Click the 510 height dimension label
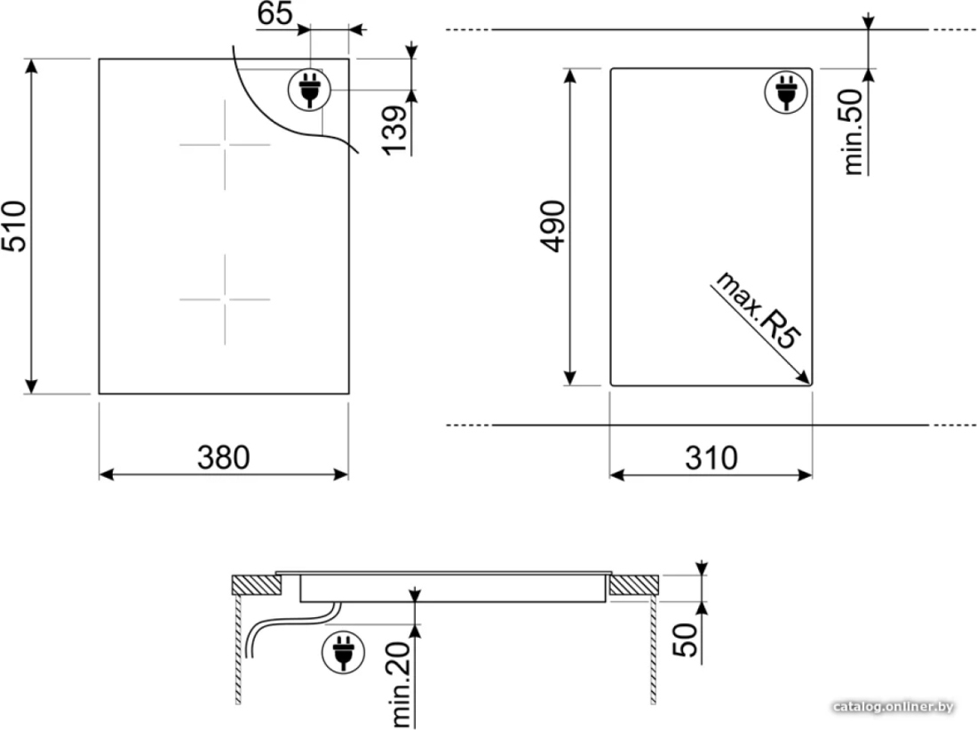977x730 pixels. coord(14,226)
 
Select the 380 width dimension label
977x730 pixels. coord(224,457)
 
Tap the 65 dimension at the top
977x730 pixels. coord(274,13)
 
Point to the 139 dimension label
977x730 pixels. coord(394,131)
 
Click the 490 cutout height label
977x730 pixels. coord(552,226)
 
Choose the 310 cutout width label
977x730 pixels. coord(711,458)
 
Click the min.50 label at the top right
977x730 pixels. coord(854,131)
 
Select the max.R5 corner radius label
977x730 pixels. coord(757,310)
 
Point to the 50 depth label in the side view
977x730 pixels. coord(686,639)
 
